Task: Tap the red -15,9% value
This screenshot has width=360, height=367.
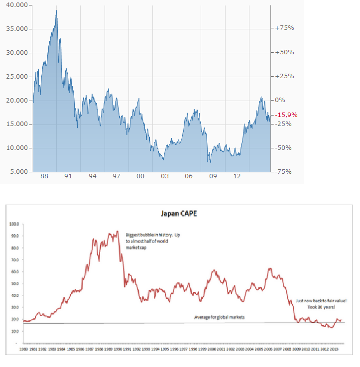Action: click(x=287, y=115)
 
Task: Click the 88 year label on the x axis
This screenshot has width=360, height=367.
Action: click(x=44, y=176)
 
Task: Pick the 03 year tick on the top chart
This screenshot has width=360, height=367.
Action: click(x=164, y=176)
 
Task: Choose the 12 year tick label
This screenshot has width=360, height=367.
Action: click(x=237, y=176)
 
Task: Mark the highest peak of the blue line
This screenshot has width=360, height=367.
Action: click(x=56, y=10)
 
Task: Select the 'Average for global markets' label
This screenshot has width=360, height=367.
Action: click(x=220, y=317)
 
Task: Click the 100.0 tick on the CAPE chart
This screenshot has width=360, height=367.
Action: click(x=13, y=224)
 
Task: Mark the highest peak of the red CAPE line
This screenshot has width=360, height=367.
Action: click(x=117, y=231)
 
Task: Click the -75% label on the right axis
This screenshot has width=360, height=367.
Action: click(x=284, y=172)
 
